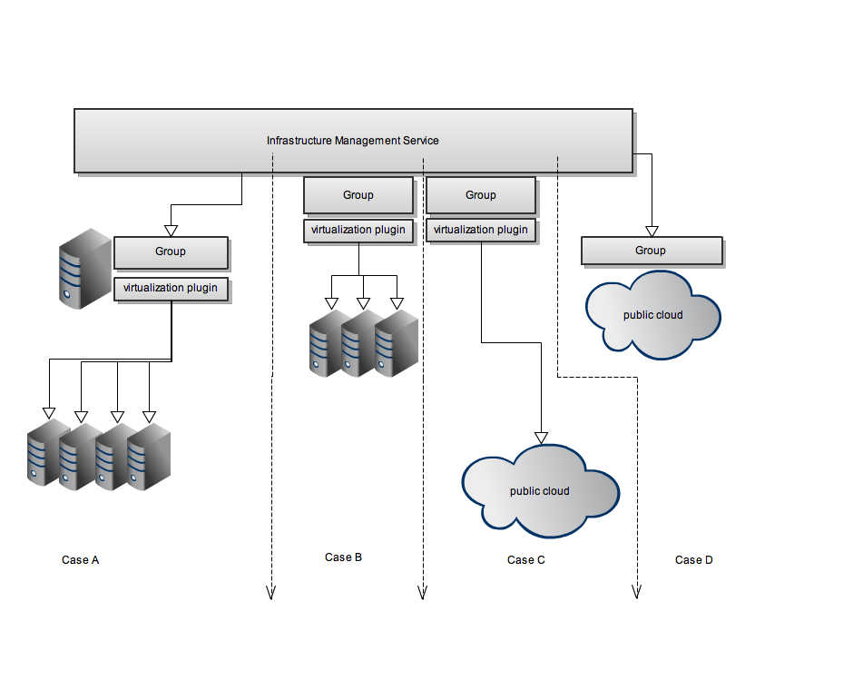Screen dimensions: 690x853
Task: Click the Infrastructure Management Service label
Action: [352, 141]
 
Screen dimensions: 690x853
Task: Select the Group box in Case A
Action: [171, 252]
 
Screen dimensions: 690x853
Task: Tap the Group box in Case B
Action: [358, 195]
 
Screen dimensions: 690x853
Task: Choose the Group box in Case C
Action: [480, 195]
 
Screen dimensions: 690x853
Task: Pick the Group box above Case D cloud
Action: [651, 251]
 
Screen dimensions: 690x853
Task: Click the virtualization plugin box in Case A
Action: [171, 289]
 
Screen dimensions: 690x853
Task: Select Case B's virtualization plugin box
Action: [358, 231]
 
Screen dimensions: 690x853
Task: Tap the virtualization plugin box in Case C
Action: [480, 231]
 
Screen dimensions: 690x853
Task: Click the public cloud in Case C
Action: [540, 490]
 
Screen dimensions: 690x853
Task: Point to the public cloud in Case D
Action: [653, 315]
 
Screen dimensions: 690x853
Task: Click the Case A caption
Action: [80, 560]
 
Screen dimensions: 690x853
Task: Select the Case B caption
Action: [343, 557]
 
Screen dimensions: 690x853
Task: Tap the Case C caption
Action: [525, 560]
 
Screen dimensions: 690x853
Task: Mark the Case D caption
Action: [693, 560]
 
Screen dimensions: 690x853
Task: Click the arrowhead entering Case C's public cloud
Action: [542, 437]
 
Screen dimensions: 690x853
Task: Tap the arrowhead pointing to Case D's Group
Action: [650, 232]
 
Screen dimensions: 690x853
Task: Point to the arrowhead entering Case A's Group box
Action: [171, 231]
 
